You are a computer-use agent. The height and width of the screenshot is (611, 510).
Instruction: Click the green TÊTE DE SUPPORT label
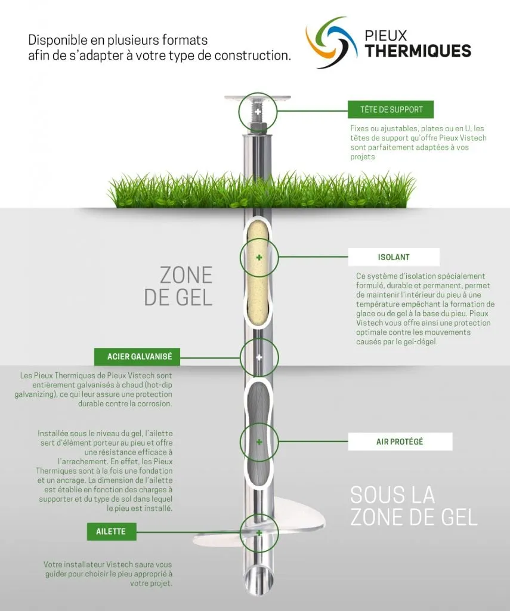(391, 110)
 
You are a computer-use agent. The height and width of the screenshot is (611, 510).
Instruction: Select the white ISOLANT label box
(394, 257)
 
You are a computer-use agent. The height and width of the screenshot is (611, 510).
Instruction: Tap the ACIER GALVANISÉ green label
(137, 357)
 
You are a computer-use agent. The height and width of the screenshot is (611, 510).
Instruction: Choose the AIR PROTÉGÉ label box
(400, 442)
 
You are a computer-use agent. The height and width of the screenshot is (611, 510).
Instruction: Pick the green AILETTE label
(112, 532)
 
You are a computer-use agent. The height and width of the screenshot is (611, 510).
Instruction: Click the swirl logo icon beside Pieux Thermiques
(331, 42)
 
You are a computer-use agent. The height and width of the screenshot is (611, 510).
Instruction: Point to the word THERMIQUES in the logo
(418, 51)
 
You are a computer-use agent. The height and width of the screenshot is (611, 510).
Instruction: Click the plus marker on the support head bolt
(258, 112)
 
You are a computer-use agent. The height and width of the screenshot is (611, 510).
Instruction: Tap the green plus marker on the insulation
(259, 257)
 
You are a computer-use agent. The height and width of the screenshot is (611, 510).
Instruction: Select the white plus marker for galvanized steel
(259, 357)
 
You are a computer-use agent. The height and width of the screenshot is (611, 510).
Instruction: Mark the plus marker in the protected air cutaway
(259, 442)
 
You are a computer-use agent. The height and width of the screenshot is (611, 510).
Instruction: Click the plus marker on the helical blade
(259, 533)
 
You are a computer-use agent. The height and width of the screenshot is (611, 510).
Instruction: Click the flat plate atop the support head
(258, 97)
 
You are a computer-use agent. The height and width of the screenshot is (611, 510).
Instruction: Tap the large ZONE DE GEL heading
(178, 286)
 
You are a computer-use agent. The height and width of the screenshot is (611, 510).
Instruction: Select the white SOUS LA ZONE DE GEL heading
(414, 506)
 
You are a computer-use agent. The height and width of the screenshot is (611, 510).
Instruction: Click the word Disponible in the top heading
(58, 40)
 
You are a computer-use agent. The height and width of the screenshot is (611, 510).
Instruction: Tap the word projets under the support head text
(362, 157)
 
